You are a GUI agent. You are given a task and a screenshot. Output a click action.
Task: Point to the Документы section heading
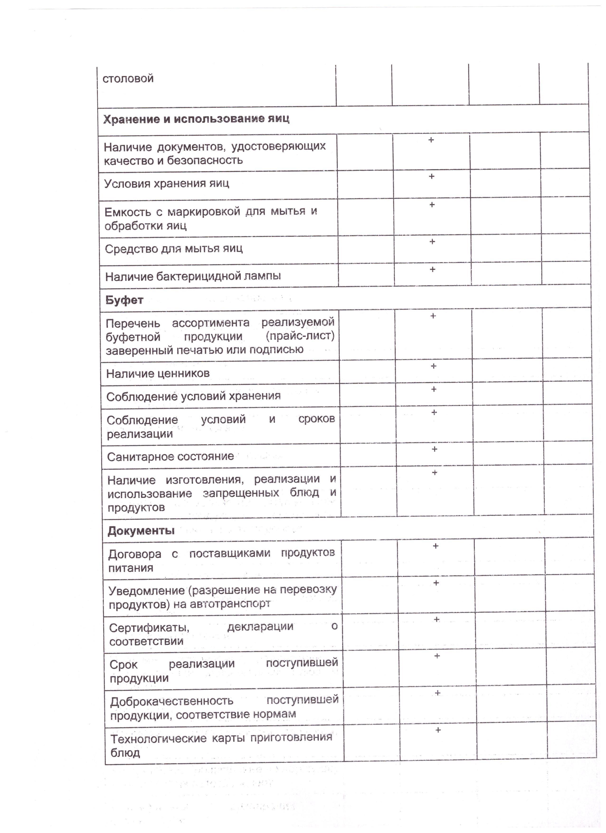tap(141, 531)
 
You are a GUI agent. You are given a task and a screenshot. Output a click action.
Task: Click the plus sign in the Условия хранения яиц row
tap(431, 177)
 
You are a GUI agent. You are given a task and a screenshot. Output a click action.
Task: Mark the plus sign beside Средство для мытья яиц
tap(432, 242)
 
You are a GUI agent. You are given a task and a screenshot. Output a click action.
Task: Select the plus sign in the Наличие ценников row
tap(434, 366)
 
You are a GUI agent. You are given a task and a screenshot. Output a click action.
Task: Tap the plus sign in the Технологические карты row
tap(438, 730)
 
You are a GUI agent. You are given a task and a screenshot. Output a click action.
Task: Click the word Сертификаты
tap(149, 628)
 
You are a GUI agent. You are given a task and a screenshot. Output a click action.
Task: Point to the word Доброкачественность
tap(172, 701)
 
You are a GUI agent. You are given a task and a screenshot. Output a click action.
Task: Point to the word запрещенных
tap(241, 493)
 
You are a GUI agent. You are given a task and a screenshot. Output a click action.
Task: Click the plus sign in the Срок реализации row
tap(437, 656)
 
